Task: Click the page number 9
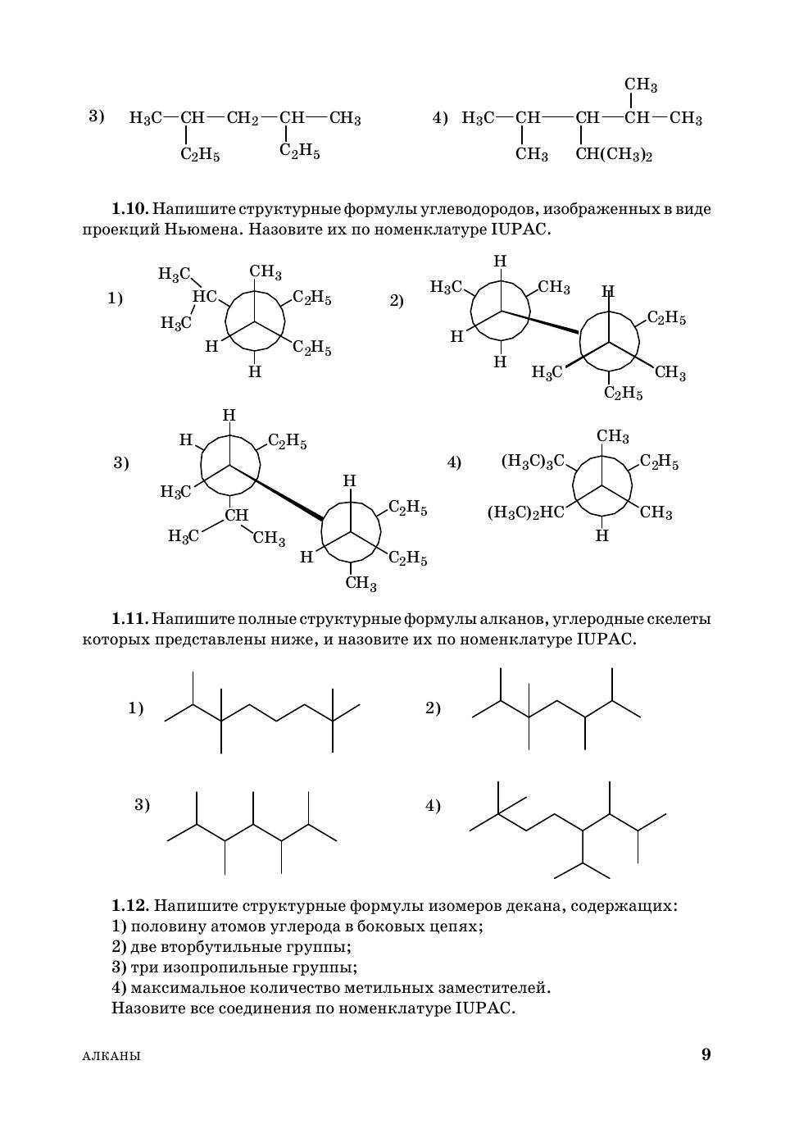706,1054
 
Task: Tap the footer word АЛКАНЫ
111,1056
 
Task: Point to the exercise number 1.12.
129,906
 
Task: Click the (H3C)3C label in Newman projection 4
533,462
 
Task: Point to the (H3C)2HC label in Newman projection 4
526,513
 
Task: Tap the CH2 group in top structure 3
243,119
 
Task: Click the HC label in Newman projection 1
204,297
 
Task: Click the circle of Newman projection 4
602,487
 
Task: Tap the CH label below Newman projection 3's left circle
237,515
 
